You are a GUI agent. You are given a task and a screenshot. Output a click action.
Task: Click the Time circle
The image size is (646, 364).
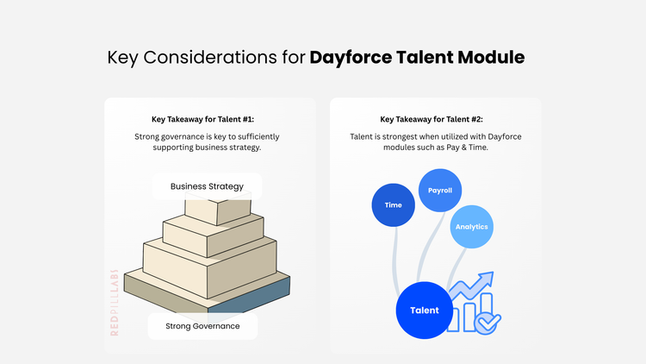[393, 205]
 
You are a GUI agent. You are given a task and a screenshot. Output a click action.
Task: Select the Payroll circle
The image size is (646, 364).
[440, 191]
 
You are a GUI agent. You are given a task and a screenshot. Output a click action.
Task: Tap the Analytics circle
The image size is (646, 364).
[472, 227]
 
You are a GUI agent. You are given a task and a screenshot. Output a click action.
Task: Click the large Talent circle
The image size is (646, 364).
[425, 311]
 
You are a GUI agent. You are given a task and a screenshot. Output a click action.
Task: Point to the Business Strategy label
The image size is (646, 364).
[207, 186]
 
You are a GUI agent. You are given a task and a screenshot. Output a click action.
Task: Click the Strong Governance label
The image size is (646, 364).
[202, 326]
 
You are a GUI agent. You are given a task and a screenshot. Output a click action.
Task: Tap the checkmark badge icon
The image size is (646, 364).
[488, 323]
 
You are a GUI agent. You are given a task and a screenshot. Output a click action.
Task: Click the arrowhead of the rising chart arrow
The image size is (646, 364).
[486, 279]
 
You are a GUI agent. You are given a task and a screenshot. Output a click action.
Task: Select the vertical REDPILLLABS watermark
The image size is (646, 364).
[115, 303]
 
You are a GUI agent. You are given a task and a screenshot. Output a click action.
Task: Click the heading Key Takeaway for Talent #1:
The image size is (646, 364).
[202, 119]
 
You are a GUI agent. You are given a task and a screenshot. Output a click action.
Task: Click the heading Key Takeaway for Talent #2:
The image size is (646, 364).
[432, 119]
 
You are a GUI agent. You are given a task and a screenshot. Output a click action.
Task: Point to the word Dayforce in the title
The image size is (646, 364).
[351, 58]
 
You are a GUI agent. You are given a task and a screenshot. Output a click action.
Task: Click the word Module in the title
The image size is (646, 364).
[491, 57]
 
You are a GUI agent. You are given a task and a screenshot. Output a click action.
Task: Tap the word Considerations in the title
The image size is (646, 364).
[210, 57]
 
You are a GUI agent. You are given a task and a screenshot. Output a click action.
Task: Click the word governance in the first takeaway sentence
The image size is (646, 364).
[182, 137]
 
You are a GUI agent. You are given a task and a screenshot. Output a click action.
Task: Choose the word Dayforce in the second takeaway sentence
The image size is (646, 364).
[505, 136]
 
